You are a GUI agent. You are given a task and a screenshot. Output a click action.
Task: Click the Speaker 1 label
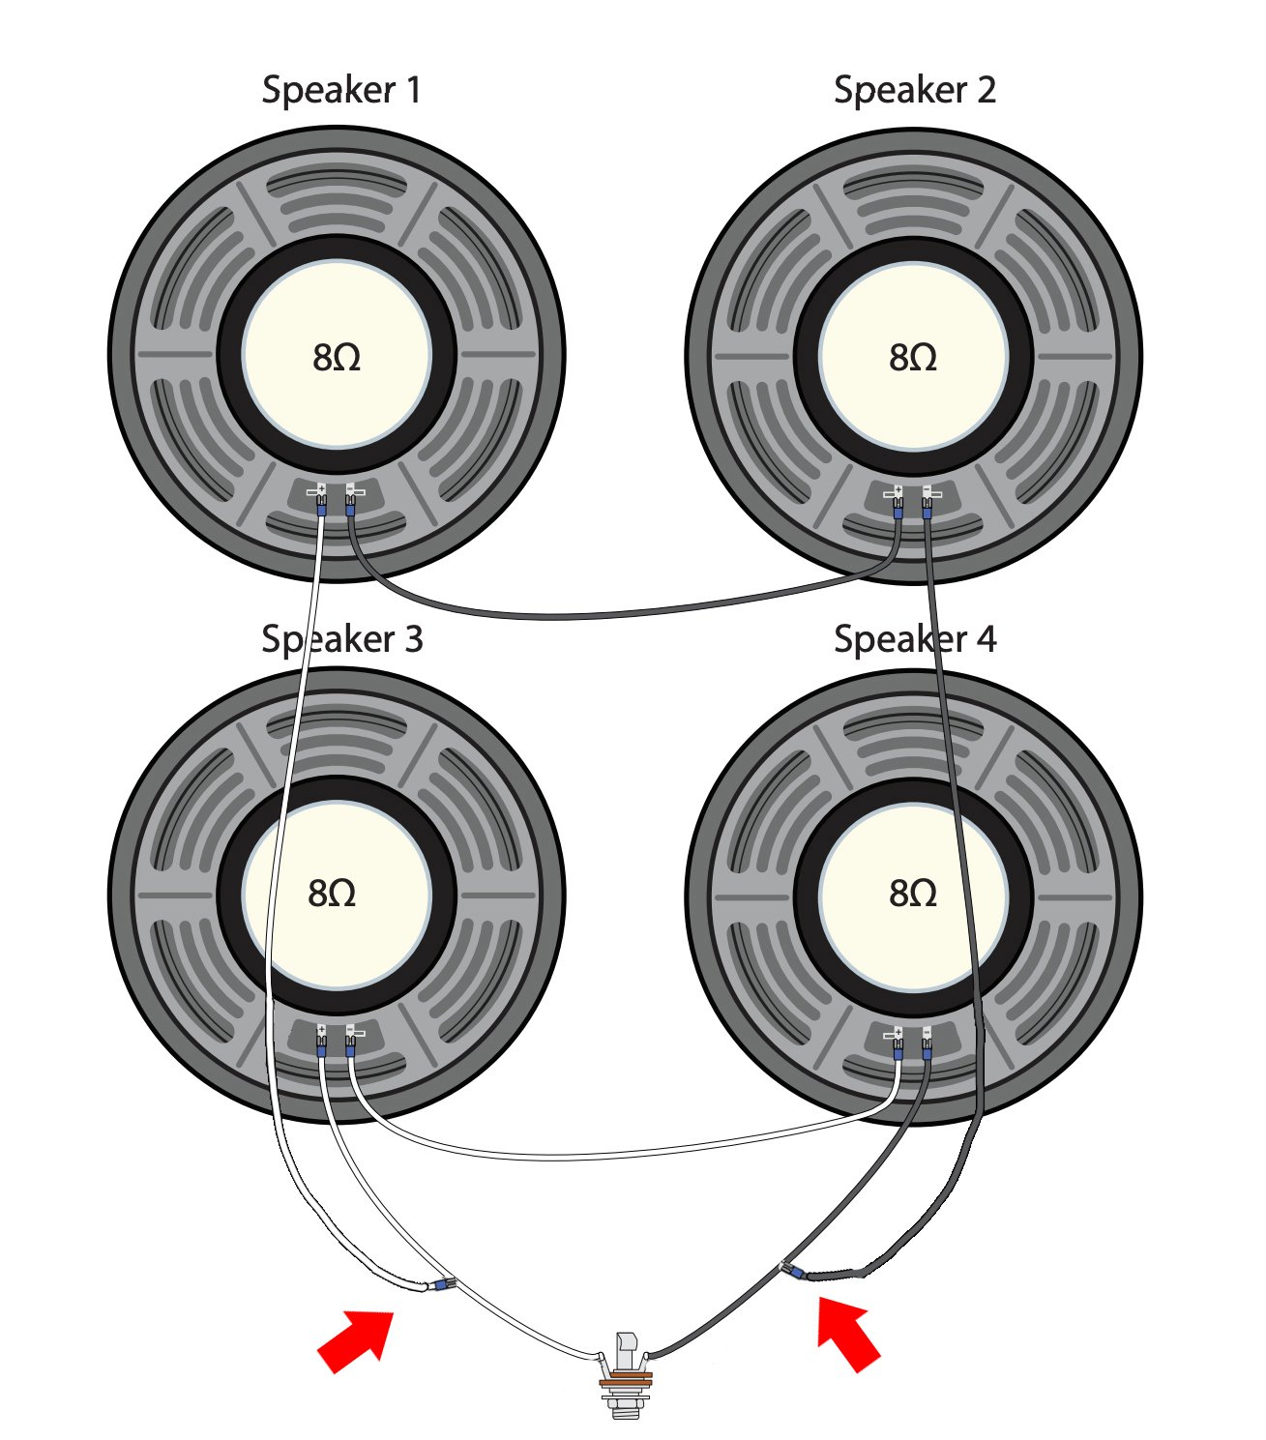coord(341,90)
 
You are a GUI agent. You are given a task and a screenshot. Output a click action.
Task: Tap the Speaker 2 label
coord(914,90)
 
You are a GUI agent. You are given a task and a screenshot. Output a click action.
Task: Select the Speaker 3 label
coord(341,639)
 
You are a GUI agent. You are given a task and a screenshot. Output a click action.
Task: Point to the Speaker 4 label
coord(914,639)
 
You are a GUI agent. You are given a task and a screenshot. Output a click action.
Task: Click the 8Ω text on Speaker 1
coord(337,358)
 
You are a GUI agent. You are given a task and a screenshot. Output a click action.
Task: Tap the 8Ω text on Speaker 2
coord(913,358)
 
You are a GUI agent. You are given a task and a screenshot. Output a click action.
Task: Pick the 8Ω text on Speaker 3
coord(332,893)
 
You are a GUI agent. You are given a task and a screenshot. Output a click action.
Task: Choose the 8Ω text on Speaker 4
coord(913,893)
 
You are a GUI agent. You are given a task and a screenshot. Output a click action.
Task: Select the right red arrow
coord(848,1334)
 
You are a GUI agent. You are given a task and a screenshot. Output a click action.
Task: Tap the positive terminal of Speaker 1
coord(320,493)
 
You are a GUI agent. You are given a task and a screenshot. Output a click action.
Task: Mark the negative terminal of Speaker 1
coord(350,493)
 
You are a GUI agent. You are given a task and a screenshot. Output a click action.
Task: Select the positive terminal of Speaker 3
coord(320,1033)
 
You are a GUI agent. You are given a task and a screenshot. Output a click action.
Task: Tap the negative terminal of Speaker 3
coord(350,1033)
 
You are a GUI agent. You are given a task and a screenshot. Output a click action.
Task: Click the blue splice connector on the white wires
coord(441,1285)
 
